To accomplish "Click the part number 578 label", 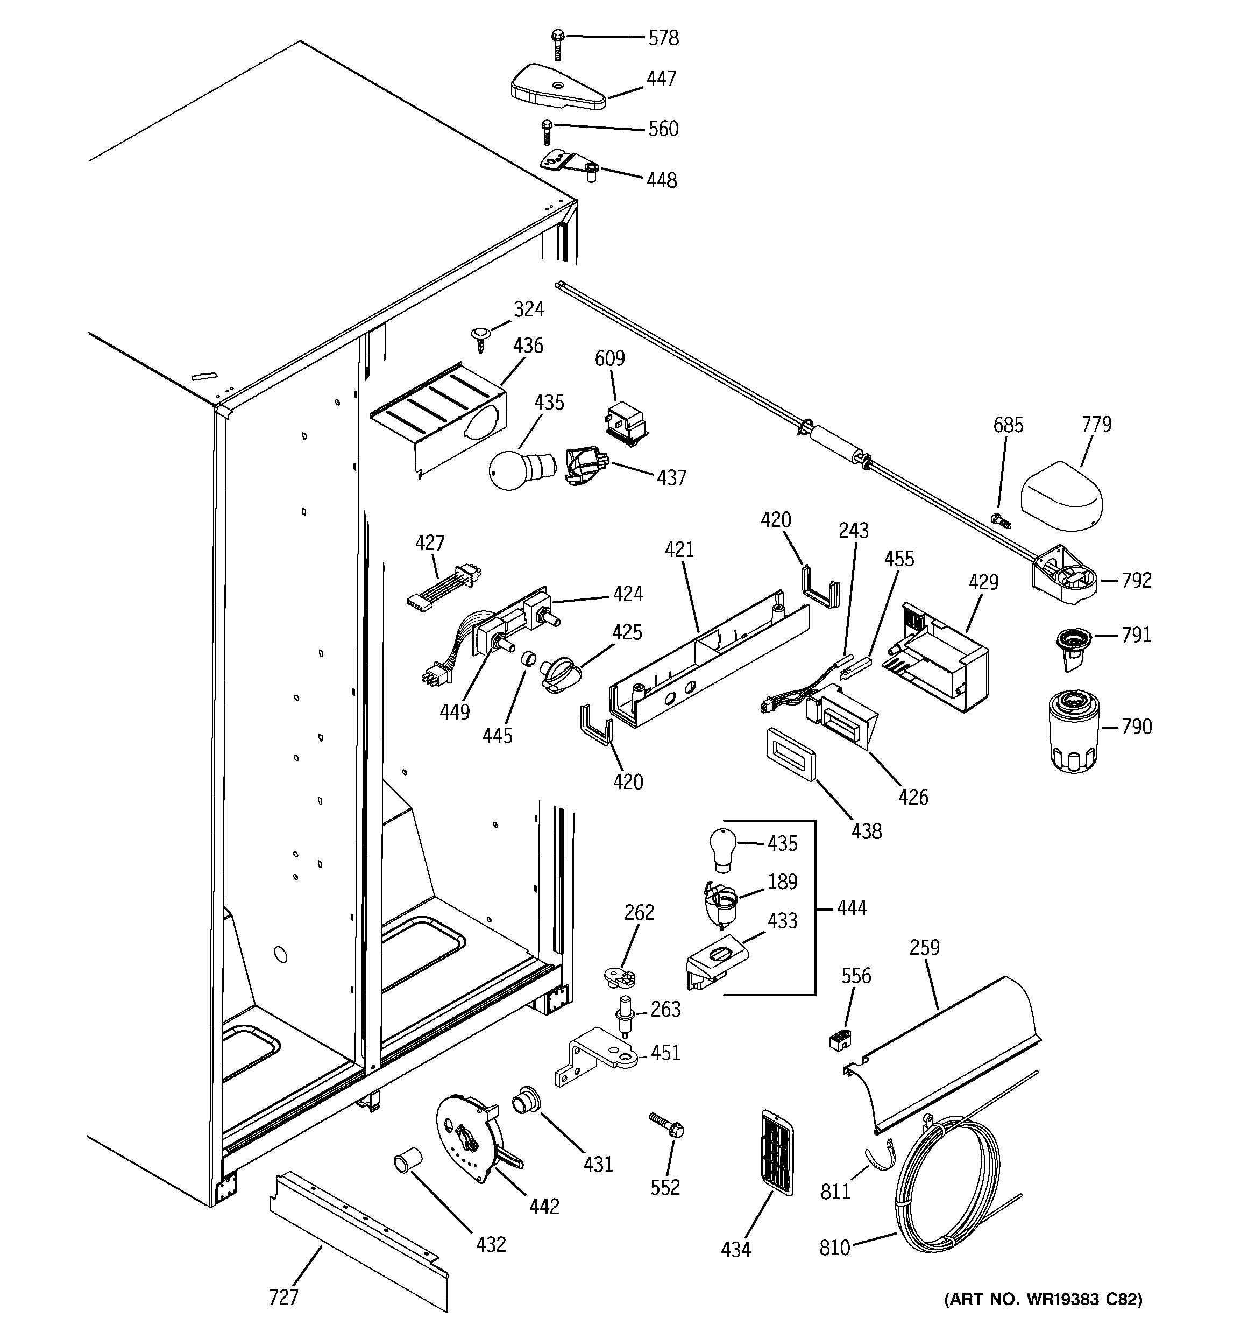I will pyautogui.click(x=663, y=38).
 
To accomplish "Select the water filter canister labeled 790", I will pyautogui.click(x=1073, y=733).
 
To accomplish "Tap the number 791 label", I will pyautogui.click(x=1136, y=635).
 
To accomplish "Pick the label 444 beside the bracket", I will pyautogui.click(x=852, y=908).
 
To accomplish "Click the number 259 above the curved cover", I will pyautogui.click(x=925, y=947).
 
